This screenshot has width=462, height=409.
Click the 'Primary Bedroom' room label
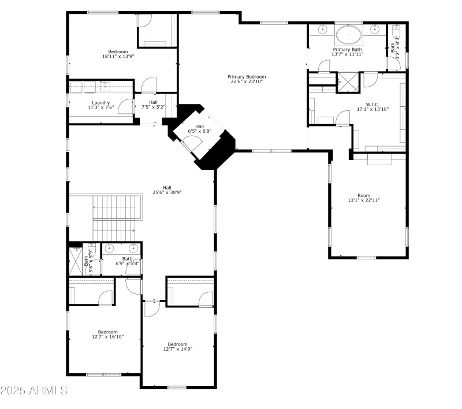click(x=247, y=77)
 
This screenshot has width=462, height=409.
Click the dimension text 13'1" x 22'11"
click(x=364, y=200)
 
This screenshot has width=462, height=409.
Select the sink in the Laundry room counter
click(x=105, y=86)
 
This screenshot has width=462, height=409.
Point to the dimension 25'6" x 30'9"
click(x=167, y=192)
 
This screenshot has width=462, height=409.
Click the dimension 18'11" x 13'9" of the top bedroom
click(x=118, y=56)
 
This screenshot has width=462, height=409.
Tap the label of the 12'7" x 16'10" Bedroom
click(x=107, y=332)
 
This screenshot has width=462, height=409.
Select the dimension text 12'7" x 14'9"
click(x=177, y=348)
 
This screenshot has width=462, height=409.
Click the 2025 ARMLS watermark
click(x=35, y=391)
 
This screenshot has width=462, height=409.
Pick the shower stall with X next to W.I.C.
click(x=347, y=80)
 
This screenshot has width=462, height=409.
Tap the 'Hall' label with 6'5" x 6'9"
click(x=200, y=127)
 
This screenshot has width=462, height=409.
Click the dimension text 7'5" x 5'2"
click(x=153, y=107)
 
